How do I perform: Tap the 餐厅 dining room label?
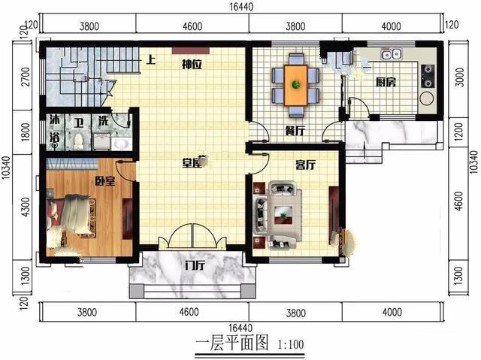pos(295,129)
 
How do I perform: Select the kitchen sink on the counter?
pos(392,54)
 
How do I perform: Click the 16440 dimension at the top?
pos(241,7)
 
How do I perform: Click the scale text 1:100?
pos(290,346)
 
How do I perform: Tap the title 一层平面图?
pos(232,345)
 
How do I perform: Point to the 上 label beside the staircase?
pos(151,60)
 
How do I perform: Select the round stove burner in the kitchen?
pos(428,97)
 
